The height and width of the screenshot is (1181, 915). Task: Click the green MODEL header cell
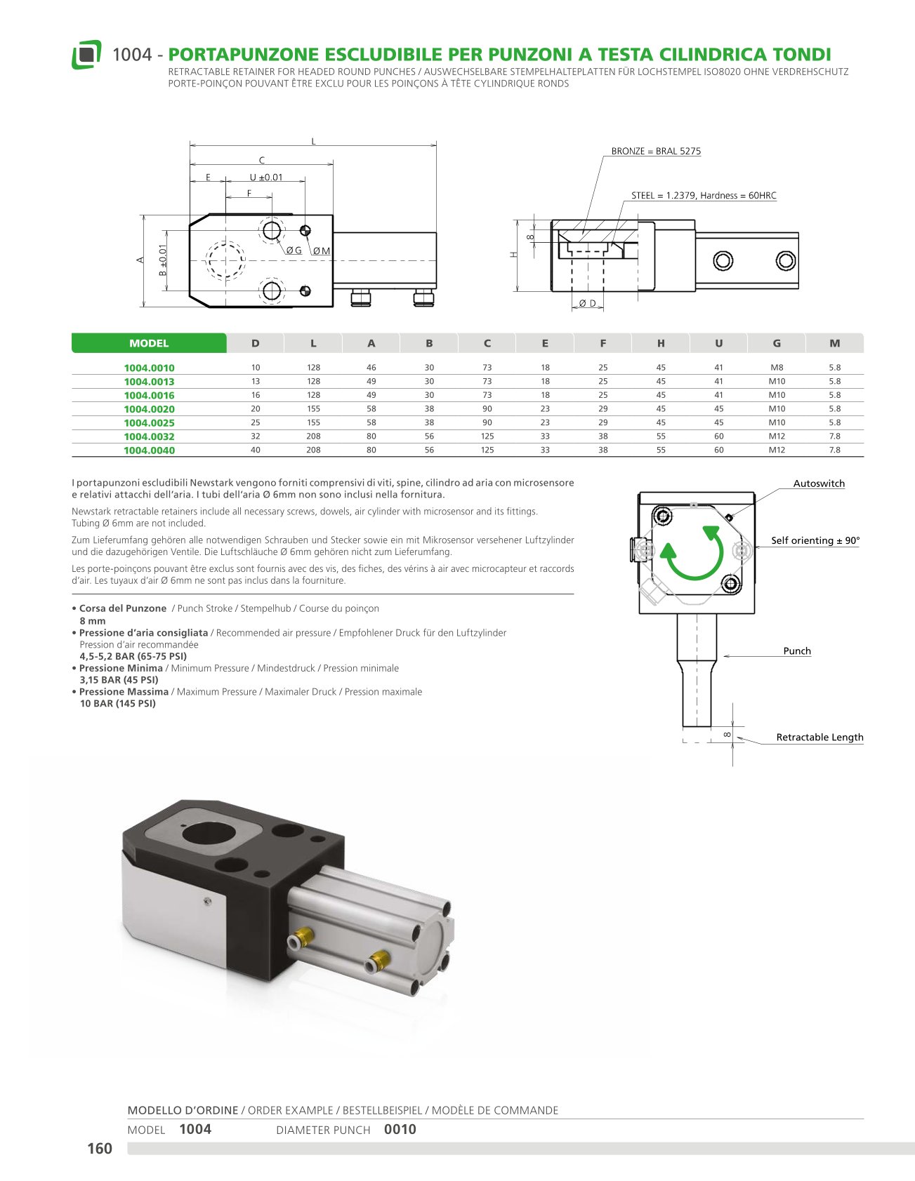click(149, 343)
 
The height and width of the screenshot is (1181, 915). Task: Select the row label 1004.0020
click(149, 409)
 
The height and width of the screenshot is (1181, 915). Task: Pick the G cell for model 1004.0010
click(776, 368)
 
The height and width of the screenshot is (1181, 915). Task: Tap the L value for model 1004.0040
click(313, 450)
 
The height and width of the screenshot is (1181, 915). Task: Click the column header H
click(661, 343)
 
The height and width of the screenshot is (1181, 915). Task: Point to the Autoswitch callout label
click(819, 483)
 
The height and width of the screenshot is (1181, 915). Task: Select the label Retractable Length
click(819, 737)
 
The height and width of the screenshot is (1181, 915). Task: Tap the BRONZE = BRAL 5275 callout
click(656, 151)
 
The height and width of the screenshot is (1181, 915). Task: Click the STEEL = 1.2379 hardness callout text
click(704, 196)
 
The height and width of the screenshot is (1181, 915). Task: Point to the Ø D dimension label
click(587, 303)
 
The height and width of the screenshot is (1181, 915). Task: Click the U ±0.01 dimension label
click(266, 178)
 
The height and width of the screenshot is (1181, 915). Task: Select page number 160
click(100, 1148)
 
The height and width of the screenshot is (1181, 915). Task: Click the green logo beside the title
click(86, 55)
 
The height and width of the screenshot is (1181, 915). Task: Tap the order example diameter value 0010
click(400, 1129)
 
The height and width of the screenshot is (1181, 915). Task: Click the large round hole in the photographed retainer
click(209, 833)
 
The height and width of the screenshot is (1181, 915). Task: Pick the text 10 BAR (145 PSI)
click(118, 703)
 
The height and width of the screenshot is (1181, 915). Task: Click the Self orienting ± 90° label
click(815, 540)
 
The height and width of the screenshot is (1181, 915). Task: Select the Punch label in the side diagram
click(797, 650)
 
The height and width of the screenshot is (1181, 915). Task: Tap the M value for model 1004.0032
click(834, 436)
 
